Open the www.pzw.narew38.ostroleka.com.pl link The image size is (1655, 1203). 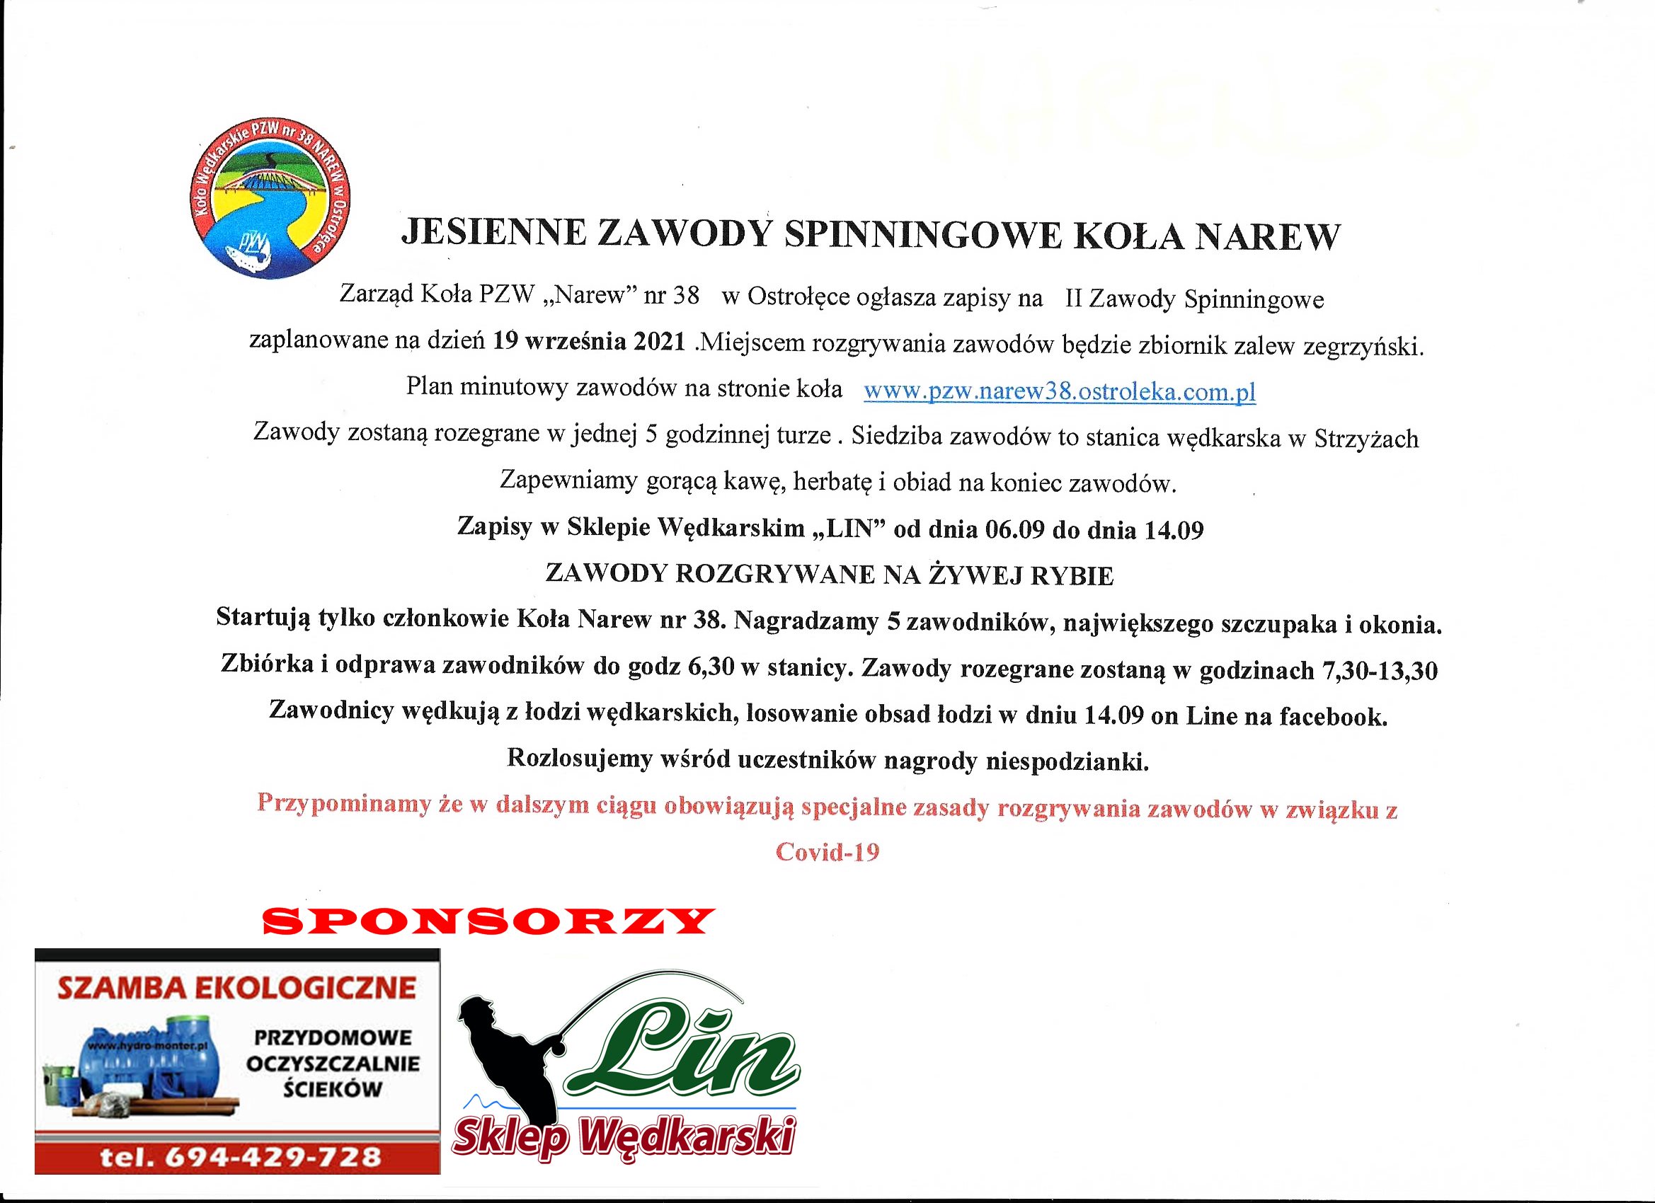(x=1060, y=392)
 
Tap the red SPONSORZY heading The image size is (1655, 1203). (x=488, y=921)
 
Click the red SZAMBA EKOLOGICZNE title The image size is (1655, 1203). (x=236, y=989)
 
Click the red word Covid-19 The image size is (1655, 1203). (x=827, y=852)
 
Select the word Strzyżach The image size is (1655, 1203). (x=1366, y=439)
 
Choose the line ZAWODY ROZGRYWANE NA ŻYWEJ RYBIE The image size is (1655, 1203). (x=829, y=575)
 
